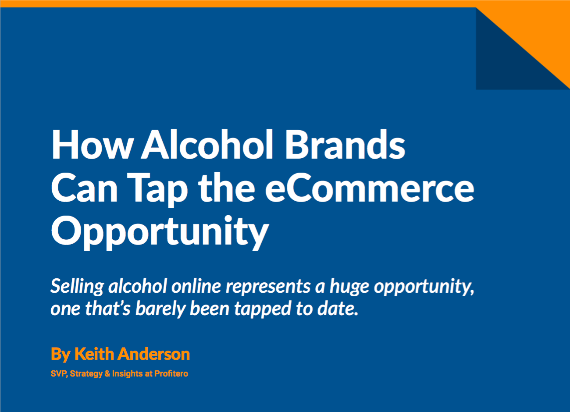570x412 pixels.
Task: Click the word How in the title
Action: pos(92,145)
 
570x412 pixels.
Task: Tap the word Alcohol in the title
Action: pos(207,144)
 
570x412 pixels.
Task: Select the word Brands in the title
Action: pos(346,144)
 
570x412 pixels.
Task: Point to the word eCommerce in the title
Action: pos(370,188)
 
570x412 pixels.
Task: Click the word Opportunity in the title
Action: pos(160,232)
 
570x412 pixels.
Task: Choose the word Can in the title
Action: pos(85,188)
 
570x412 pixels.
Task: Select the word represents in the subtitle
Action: pos(268,288)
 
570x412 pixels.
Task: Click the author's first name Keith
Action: pos(94,354)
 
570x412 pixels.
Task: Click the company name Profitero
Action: pos(171,373)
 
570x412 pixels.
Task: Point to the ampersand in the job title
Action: pos(107,373)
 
